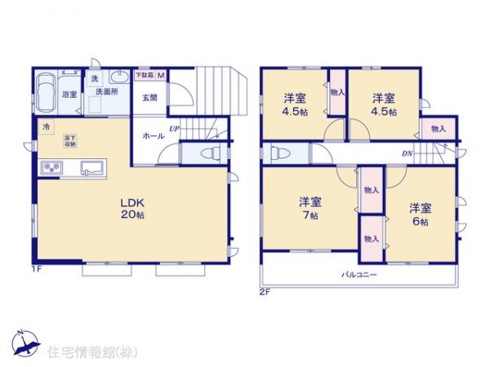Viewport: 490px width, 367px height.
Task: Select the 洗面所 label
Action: [x=107, y=92]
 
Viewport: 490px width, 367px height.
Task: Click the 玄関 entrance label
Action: [x=149, y=98]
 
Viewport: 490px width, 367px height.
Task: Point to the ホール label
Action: [x=151, y=135]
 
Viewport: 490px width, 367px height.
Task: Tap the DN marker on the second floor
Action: [x=406, y=153]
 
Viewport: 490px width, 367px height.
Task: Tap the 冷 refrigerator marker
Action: [x=47, y=127]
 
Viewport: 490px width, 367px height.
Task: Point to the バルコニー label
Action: [x=359, y=274]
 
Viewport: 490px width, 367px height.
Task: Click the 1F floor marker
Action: [x=38, y=268]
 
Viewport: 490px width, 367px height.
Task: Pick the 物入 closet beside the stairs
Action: [x=439, y=129]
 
